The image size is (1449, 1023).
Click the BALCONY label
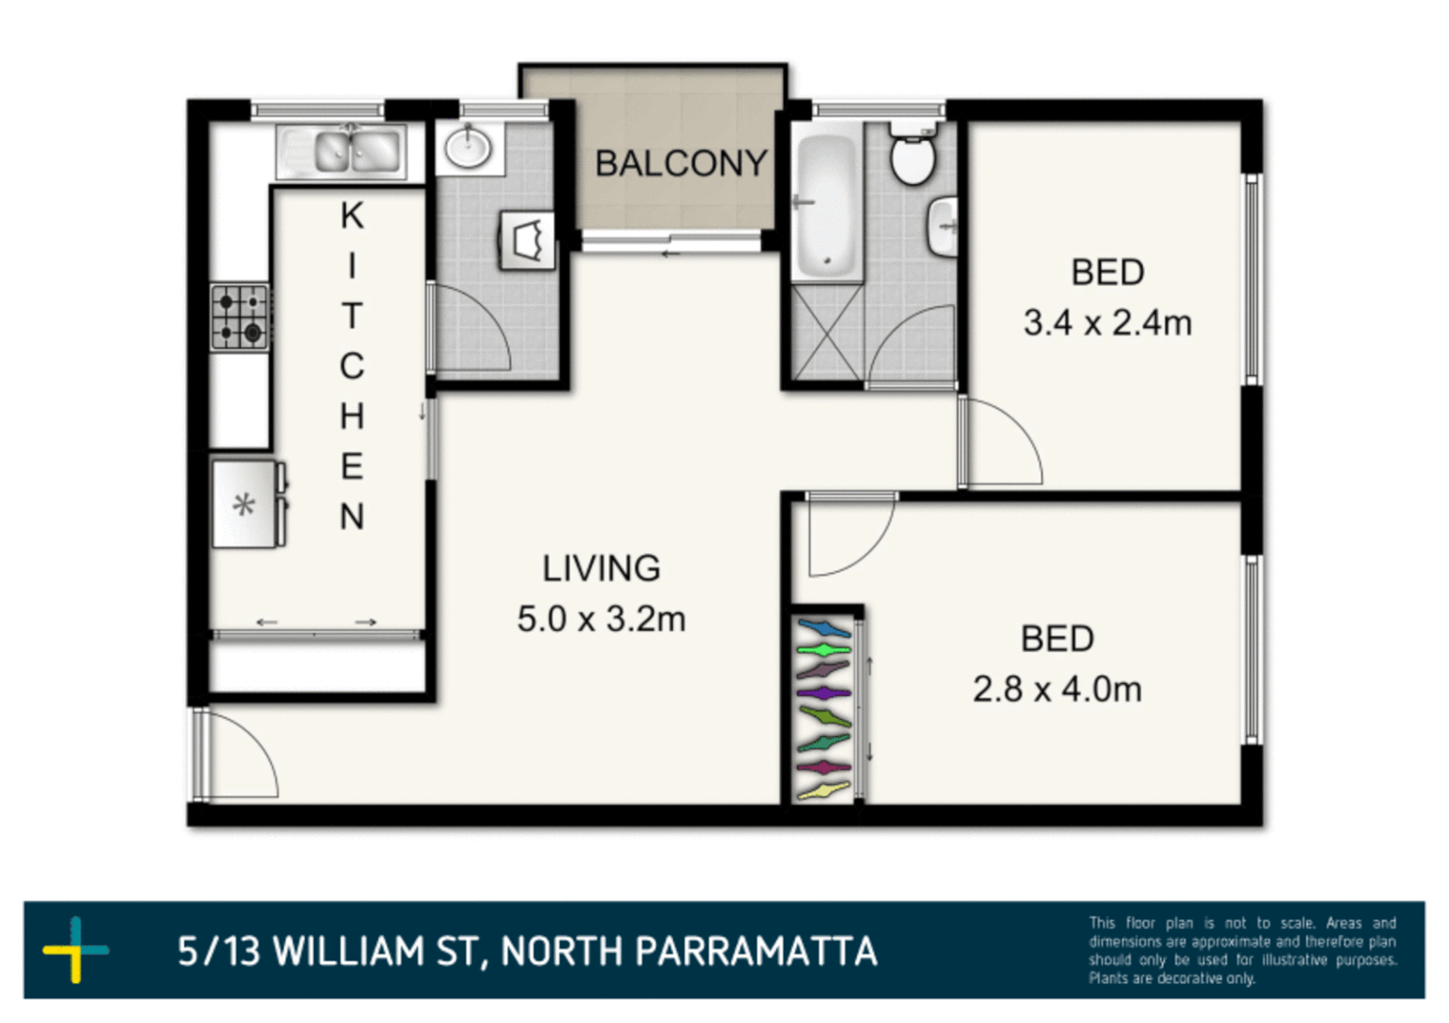point(679,164)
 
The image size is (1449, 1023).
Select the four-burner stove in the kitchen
point(240,317)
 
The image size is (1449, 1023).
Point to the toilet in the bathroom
point(913,153)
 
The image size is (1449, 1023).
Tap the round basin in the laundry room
point(468,148)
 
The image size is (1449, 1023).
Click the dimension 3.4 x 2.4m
point(1107,323)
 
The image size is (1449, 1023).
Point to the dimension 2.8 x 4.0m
point(1057,689)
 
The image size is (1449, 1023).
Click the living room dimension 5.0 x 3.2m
point(601,619)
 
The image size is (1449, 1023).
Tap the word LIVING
point(601,568)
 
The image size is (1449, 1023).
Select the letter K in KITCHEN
point(352,216)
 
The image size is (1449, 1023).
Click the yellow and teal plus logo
point(76,949)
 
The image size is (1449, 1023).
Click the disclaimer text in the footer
point(1241,950)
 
